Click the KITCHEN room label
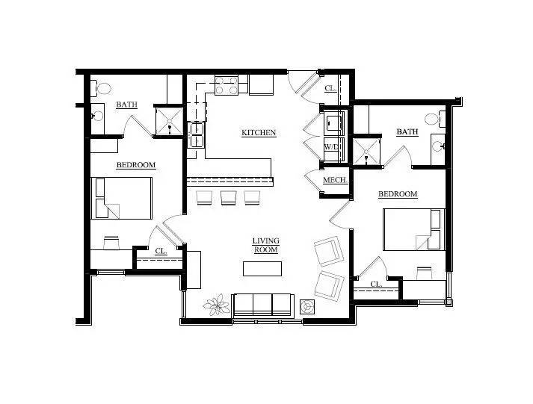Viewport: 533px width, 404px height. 259,133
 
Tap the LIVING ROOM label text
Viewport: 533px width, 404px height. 265,246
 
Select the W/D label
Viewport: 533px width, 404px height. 331,146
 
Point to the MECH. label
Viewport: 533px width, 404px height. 333,181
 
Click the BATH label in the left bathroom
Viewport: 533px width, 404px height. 126,105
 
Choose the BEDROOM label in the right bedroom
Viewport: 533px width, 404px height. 397,194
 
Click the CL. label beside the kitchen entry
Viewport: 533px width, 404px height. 330,88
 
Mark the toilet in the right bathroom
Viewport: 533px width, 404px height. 432,118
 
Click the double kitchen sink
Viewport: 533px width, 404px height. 196,136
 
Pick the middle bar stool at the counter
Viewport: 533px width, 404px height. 228,198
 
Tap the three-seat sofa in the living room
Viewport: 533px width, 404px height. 262,305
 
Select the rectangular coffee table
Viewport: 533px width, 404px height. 262,268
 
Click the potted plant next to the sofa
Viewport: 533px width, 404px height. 218,305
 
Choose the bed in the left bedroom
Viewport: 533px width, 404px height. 121,198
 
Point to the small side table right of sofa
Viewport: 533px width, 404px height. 307,306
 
